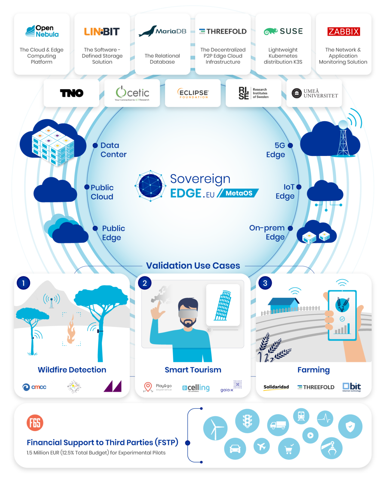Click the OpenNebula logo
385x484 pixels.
pyautogui.click(x=42, y=31)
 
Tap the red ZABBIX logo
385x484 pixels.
pyautogui.click(x=343, y=32)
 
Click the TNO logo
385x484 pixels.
pyautogui.click(x=72, y=93)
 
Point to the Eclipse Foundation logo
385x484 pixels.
pyautogui.click(x=193, y=93)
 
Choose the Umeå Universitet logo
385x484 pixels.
pyautogui.click(x=315, y=93)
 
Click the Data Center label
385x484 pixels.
pyautogui.click(x=113, y=150)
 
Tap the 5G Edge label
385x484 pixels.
pyautogui.click(x=276, y=150)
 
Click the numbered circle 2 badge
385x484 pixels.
pyautogui.click(x=145, y=283)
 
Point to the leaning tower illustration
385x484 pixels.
pyautogui.click(x=223, y=305)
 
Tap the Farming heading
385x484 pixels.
pyautogui.click(x=313, y=370)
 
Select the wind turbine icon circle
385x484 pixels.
pyautogui.click(x=215, y=428)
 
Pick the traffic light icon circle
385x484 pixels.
pyautogui.click(x=247, y=420)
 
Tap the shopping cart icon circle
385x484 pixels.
pyautogui.click(x=289, y=449)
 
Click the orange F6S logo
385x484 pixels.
pyautogui.click(x=35, y=423)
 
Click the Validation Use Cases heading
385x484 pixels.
pyautogui.click(x=193, y=265)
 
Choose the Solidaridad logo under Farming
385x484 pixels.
pyautogui.click(x=276, y=387)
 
